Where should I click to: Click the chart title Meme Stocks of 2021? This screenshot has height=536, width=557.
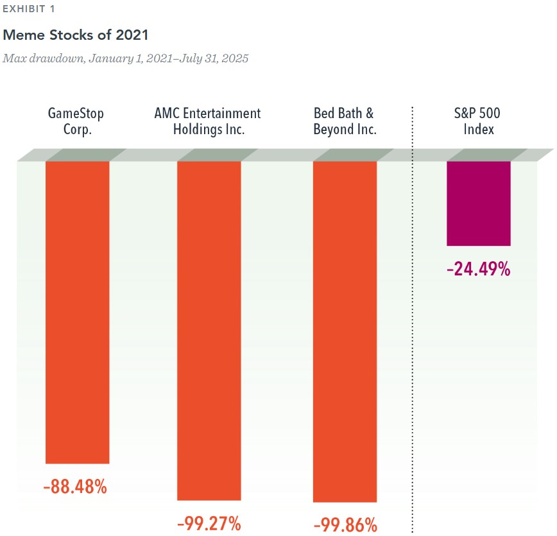point(76,35)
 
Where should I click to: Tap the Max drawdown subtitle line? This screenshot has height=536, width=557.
point(125,58)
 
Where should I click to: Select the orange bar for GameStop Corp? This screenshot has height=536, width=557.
point(77,311)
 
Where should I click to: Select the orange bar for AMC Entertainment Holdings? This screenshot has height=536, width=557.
point(209,331)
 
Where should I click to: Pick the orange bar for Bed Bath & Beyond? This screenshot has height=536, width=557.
point(345,331)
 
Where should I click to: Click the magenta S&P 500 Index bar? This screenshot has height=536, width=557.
point(478,203)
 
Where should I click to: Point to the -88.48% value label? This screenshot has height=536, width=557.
point(75,487)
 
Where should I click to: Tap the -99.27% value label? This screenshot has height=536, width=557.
point(209,523)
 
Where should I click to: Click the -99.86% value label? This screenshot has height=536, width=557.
point(345,524)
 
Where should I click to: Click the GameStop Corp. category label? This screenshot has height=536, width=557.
point(76,121)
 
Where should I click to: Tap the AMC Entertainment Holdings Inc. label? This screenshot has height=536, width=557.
point(208,121)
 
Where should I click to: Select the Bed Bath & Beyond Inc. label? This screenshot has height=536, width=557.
point(345,121)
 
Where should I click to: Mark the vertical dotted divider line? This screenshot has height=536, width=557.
point(412,321)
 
